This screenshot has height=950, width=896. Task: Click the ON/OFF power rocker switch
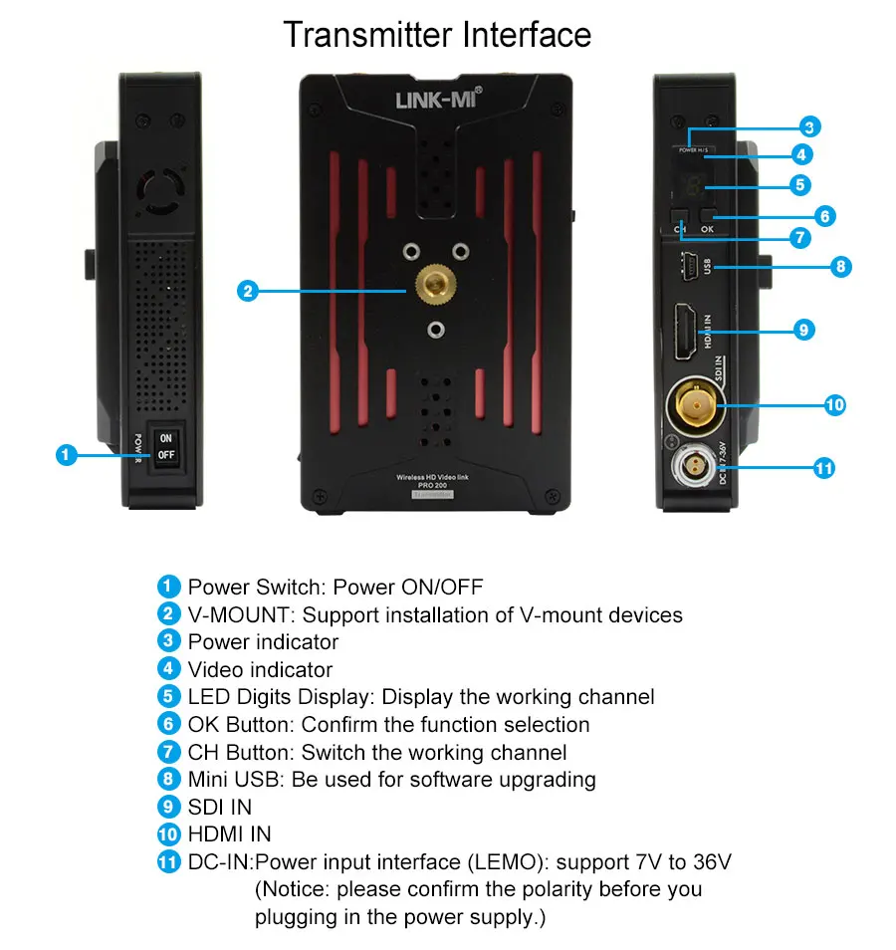[165, 446]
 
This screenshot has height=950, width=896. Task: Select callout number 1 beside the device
[66, 455]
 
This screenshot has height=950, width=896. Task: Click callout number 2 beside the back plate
[248, 291]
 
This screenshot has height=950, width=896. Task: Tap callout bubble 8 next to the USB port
[841, 266]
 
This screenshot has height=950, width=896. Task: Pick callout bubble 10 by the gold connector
[834, 404]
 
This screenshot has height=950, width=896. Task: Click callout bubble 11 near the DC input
[823, 467]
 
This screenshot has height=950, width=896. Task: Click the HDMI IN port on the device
[687, 333]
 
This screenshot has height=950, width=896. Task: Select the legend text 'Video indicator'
[260, 670]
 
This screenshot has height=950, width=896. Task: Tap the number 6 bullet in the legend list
[169, 724]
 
